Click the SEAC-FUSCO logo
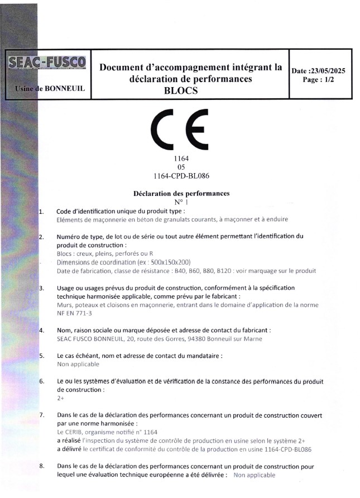coord(47,64)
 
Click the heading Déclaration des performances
coord(181,193)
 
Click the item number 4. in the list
coord(42,331)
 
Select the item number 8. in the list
coord(42,466)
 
